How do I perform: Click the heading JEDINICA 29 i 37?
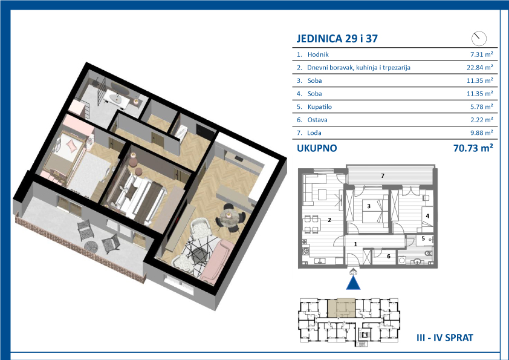pyautogui.click(x=337, y=39)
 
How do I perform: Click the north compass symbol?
pyautogui.click(x=479, y=38)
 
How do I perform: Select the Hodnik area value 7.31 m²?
pyautogui.click(x=482, y=54)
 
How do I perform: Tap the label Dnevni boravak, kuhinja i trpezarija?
pyautogui.click(x=358, y=68)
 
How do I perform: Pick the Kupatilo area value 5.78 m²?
pyautogui.click(x=482, y=106)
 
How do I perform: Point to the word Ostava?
pyautogui.click(x=317, y=120)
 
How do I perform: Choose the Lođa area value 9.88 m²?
pyautogui.click(x=482, y=133)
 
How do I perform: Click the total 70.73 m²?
pyautogui.click(x=473, y=148)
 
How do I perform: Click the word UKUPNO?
pyautogui.click(x=317, y=148)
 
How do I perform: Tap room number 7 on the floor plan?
pyautogui.click(x=383, y=176)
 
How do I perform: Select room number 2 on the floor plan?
pyautogui.click(x=329, y=220)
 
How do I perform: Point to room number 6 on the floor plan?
pyautogui.click(x=389, y=257)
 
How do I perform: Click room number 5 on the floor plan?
pyautogui.click(x=423, y=238)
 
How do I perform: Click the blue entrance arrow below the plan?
pyautogui.click(x=353, y=283)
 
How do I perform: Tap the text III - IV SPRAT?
pyautogui.click(x=445, y=338)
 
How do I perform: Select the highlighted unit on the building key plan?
pyautogui.click(x=341, y=308)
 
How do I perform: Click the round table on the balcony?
pyautogui.click(x=91, y=246)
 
